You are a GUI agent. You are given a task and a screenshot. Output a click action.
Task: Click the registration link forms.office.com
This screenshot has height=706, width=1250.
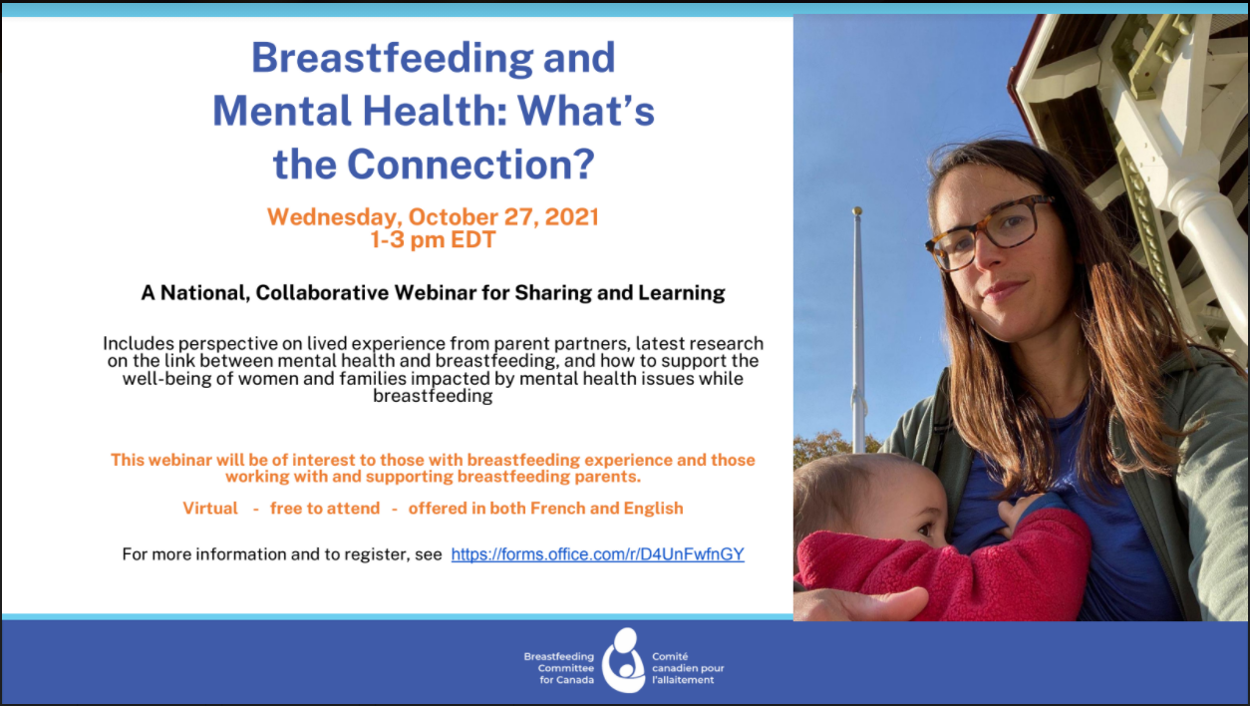[598, 554]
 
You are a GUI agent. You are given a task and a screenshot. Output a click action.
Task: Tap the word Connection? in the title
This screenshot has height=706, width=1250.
[471, 165]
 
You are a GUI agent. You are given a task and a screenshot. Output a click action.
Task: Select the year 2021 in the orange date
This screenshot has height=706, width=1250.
[571, 216]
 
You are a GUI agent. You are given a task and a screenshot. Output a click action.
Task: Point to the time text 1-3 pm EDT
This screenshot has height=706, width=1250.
[433, 240]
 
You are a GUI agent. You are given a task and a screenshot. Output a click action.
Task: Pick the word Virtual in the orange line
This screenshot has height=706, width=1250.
[210, 508]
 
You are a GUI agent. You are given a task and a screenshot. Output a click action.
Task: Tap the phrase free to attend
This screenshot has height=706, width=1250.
[325, 508]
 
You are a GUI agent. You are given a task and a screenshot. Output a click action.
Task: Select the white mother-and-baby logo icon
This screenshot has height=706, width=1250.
[623, 661]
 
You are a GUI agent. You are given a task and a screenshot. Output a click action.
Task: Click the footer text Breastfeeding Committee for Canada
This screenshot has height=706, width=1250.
[559, 668]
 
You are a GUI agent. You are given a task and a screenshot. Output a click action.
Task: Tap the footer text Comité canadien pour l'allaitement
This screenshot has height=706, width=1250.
[688, 668]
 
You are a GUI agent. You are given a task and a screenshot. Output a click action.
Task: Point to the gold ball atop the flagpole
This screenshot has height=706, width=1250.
[857, 211]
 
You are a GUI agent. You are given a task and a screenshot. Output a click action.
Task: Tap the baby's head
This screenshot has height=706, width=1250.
[870, 503]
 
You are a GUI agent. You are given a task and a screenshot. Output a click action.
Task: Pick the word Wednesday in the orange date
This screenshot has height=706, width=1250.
[334, 216]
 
